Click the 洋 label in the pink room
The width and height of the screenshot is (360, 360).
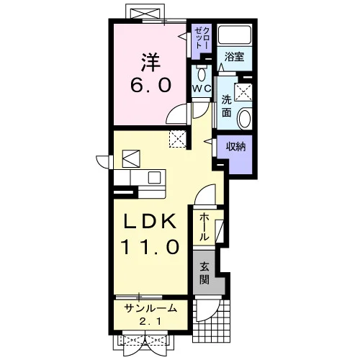150,63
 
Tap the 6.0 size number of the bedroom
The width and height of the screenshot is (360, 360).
151,86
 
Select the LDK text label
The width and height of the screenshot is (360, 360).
150,221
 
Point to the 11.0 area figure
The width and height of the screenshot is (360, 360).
150,247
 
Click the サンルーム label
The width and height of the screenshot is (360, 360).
150,308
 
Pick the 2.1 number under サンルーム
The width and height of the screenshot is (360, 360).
150,320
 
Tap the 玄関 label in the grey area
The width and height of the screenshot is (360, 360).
204,273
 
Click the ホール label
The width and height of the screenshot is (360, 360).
204,227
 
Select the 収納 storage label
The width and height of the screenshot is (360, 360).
236,146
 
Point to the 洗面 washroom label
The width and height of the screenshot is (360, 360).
226,106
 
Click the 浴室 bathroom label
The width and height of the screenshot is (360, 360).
235,57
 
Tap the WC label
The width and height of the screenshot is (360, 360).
202,89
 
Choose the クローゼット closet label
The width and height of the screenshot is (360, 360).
202,38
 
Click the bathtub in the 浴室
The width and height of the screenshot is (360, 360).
235,35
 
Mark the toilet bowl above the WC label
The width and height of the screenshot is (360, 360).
202,73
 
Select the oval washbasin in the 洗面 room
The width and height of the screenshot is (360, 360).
245,118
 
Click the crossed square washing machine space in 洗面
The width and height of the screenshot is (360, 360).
243,92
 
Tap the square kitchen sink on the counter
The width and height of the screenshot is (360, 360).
154,178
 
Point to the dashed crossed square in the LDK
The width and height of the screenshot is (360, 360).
178,139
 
